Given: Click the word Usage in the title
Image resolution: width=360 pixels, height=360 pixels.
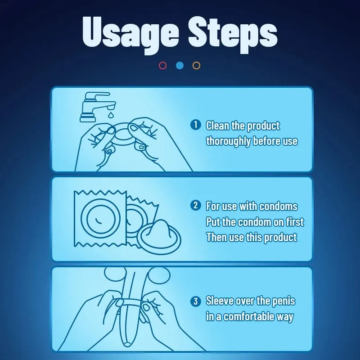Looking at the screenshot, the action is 130,35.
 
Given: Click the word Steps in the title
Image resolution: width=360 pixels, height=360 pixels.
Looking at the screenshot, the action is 233,35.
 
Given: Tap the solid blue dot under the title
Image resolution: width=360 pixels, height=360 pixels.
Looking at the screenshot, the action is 180,66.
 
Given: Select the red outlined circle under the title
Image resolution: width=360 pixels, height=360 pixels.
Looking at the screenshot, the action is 162,66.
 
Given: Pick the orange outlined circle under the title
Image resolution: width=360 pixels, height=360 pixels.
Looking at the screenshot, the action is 196,66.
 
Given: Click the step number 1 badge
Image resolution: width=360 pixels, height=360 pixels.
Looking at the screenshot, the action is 196,125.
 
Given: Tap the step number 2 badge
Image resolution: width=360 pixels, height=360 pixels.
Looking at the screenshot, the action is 196,205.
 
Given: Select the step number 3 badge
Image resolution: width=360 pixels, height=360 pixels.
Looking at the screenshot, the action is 196,301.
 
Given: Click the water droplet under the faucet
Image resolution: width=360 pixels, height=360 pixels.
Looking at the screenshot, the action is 111,114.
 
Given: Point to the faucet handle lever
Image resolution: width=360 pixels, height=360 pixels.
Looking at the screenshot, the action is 98,94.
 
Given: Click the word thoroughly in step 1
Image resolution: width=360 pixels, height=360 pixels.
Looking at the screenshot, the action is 228,141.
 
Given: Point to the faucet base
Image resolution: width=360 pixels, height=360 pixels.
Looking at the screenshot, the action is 87,118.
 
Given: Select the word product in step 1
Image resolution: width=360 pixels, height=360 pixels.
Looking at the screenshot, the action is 263,126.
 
